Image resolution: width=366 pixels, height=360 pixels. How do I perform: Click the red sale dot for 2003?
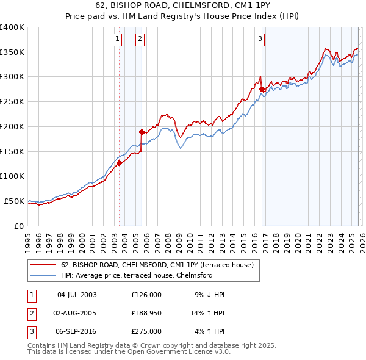(120, 163)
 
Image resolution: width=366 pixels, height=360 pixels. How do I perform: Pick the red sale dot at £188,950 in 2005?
(142, 132)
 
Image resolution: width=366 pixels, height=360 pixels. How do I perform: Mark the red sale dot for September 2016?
(262, 89)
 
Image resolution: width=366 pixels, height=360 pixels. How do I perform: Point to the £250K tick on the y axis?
(12, 102)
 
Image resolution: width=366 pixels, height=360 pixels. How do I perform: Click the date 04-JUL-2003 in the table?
(77, 295)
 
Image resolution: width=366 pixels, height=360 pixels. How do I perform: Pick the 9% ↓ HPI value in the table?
(209, 295)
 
